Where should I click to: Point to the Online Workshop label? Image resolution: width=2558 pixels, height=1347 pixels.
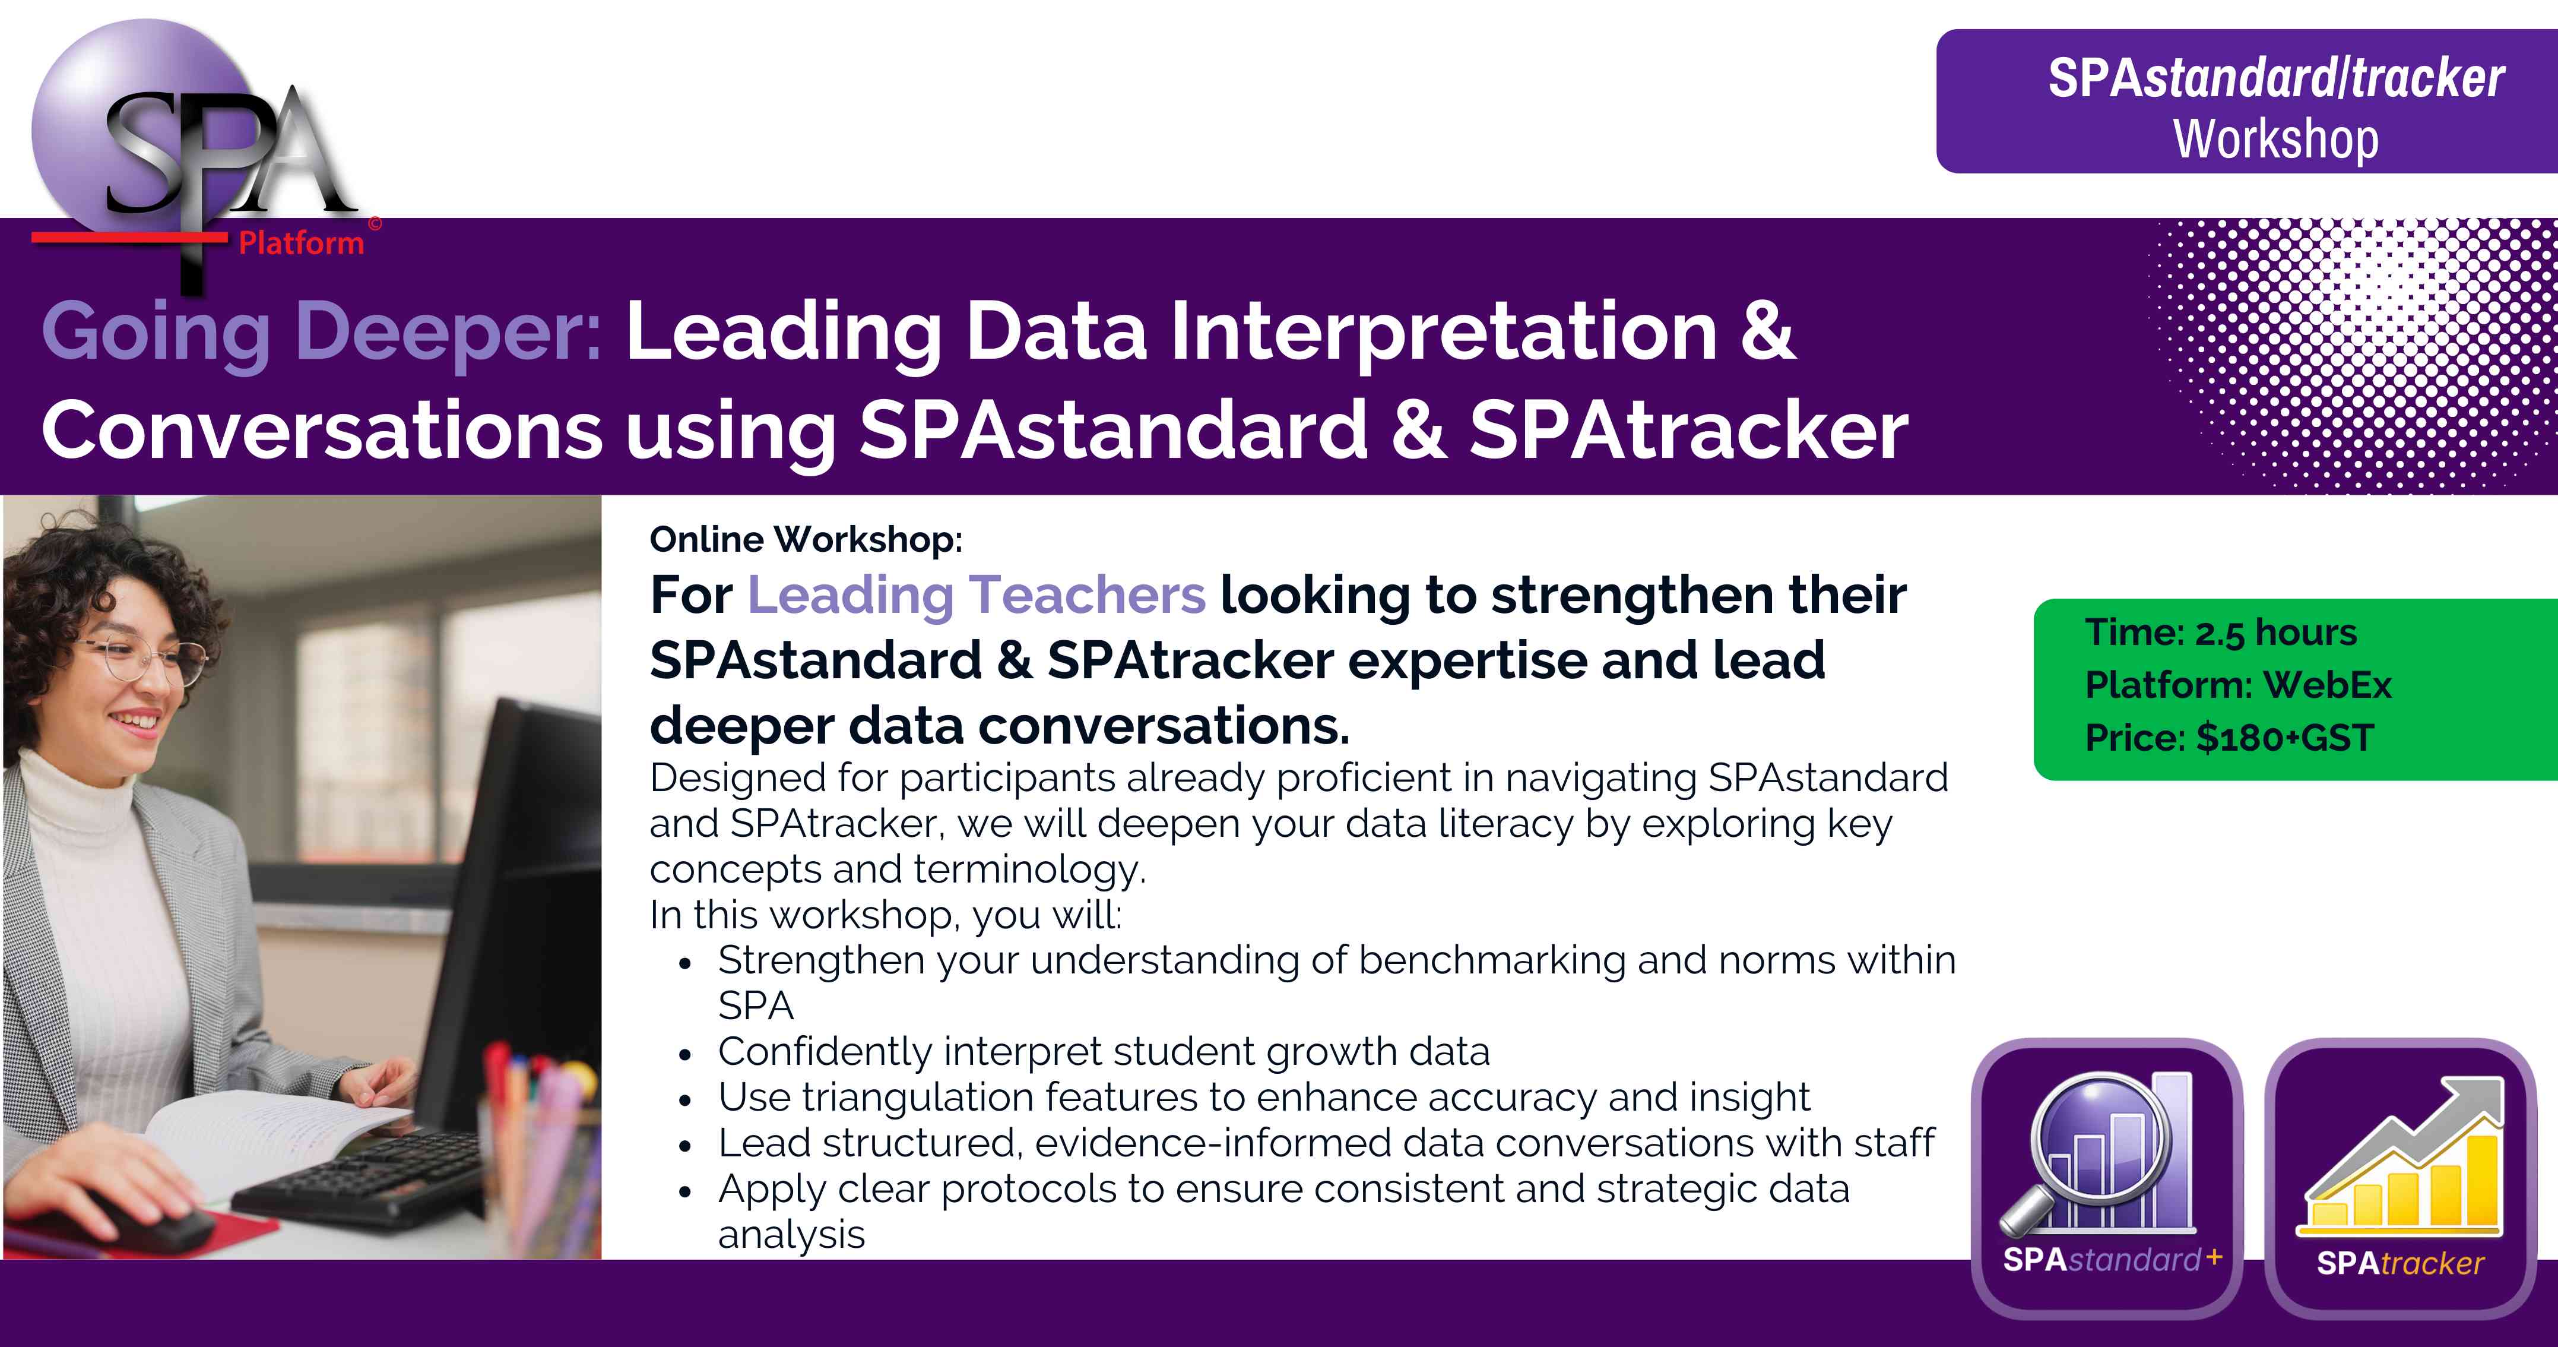tap(806, 539)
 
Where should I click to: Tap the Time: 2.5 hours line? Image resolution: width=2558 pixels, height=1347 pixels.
tap(2220, 632)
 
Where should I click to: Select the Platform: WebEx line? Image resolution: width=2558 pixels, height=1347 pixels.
tap(2238, 684)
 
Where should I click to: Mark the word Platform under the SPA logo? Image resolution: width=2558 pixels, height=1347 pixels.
tap(301, 242)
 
